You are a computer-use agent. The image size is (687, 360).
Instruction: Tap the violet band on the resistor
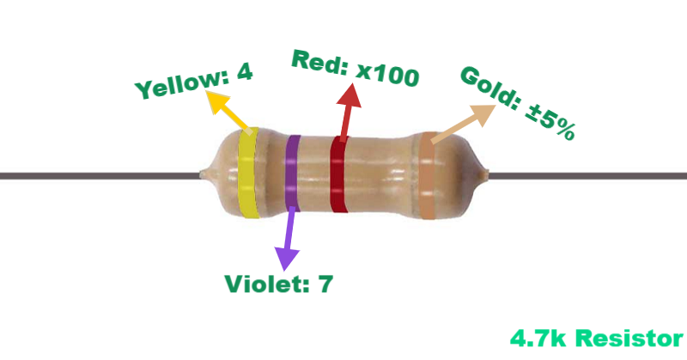(x=294, y=172)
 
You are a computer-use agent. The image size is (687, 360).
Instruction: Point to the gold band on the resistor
(x=426, y=175)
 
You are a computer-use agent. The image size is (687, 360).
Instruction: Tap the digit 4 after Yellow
(x=244, y=74)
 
